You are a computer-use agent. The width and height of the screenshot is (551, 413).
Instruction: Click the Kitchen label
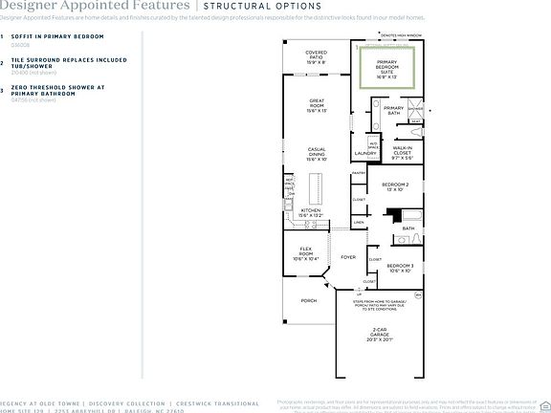[x=312, y=212]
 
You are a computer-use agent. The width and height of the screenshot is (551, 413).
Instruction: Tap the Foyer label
[x=348, y=256]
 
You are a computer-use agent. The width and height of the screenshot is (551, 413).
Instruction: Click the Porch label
[x=309, y=300]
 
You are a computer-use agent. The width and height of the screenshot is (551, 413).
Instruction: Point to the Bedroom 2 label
[x=395, y=186]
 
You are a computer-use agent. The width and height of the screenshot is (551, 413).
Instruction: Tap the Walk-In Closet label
[x=403, y=152]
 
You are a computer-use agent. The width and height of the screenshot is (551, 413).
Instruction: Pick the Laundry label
[x=365, y=153]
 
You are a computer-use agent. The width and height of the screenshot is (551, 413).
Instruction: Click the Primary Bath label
[x=393, y=111]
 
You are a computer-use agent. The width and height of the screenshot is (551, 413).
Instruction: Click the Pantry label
[x=359, y=173]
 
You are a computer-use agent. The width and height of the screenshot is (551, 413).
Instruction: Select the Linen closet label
[x=359, y=222]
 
